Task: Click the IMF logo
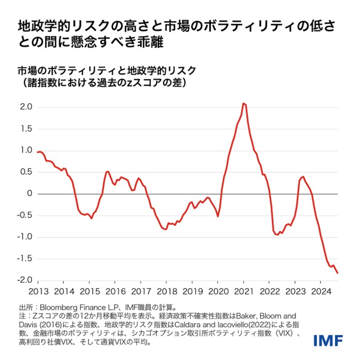click(x=327, y=339)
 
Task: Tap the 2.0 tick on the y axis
click(x=27, y=107)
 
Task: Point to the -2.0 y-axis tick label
click(x=25, y=280)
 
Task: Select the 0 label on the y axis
click(x=30, y=194)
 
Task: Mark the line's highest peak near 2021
click(x=243, y=103)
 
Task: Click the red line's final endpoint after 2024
click(x=338, y=273)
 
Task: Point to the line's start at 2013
click(x=37, y=152)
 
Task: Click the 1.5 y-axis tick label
click(x=27, y=129)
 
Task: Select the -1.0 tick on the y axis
click(x=25, y=237)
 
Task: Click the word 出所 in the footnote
click(x=26, y=307)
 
